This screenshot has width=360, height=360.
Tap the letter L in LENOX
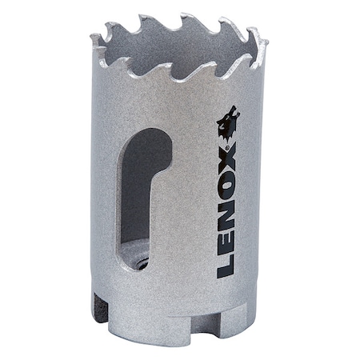226,264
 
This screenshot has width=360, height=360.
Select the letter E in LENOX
226,237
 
